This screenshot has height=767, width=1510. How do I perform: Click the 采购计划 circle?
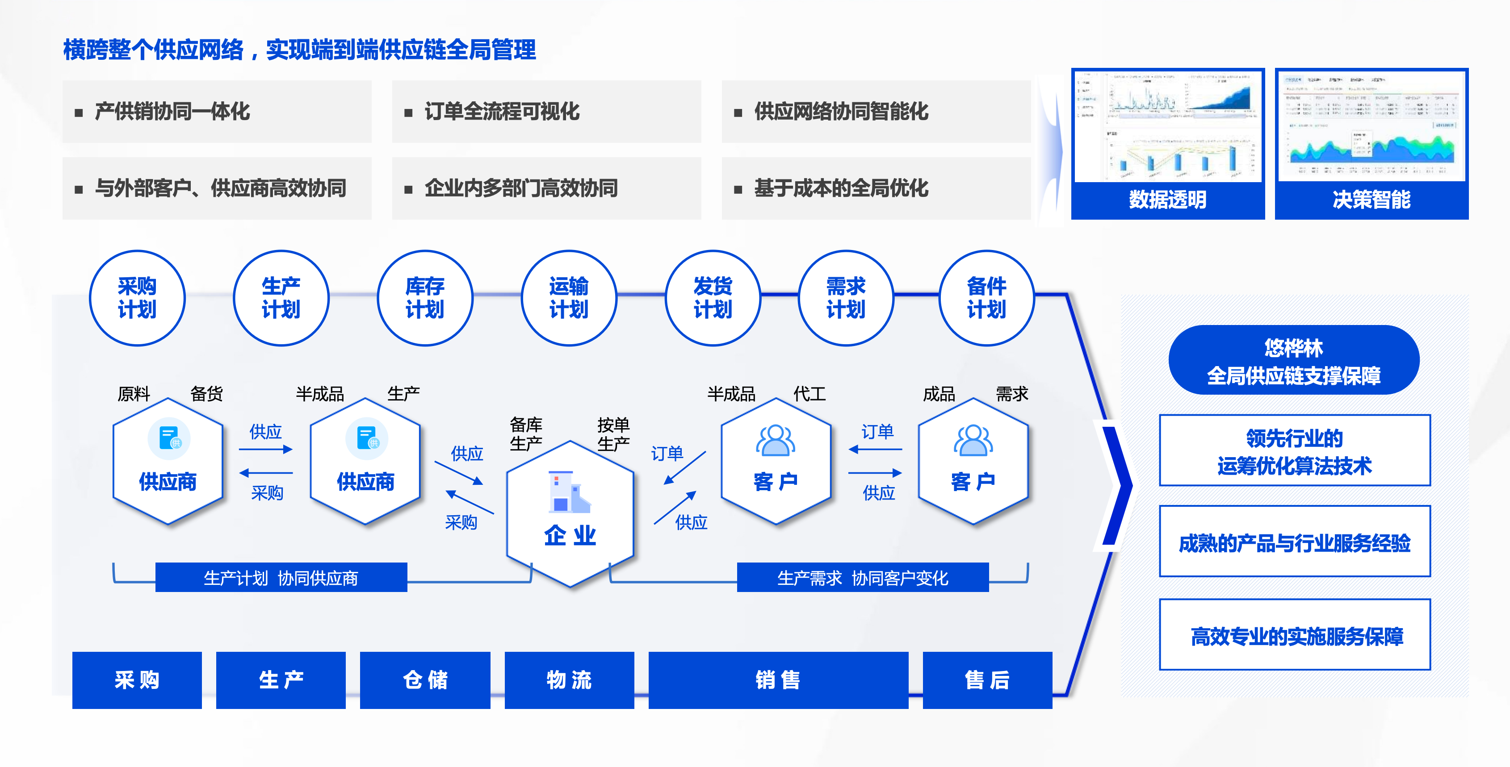[x=137, y=298]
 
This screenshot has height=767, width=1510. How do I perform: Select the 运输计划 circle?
[x=569, y=298]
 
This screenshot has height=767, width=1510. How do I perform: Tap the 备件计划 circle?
[x=986, y=298]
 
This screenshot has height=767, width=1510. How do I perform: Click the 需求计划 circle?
[x=846, y=298]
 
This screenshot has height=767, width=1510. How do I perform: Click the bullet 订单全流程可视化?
[x=502, y=111]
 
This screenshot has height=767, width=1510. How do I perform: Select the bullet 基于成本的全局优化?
[x=841, y=188]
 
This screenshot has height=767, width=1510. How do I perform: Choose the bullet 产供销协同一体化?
[x=172, y=111]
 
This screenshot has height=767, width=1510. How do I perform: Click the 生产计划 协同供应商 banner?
[x=281, y=578]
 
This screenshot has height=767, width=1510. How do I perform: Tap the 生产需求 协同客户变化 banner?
[x=862, y=578]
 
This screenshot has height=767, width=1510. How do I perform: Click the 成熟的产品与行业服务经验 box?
[x=1294, y=542]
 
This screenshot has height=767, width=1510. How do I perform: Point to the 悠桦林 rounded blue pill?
[x=1294, y=360]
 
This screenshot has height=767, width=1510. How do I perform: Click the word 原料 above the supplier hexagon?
[x=134, y=394]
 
